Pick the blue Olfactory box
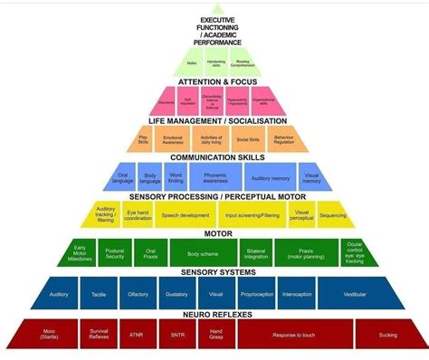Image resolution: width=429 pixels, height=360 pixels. (137, 293)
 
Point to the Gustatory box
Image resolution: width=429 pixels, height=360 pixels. (176, 293)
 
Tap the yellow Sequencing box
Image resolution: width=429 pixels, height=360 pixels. (331, 216)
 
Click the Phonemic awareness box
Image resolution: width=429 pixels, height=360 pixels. (214, 178)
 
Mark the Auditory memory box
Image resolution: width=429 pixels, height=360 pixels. (269, 178)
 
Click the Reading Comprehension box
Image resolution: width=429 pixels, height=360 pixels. (242, 62)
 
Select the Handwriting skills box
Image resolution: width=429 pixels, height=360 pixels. (215, 62)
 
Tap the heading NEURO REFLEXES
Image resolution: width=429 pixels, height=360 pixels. (214, 314)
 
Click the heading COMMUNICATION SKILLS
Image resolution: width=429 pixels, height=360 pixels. (214, 157)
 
